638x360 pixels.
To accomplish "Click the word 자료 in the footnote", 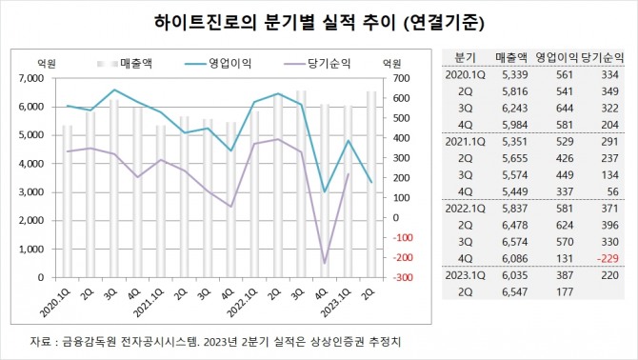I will click(41, 341).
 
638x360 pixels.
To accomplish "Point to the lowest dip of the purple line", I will click(325, 263).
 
